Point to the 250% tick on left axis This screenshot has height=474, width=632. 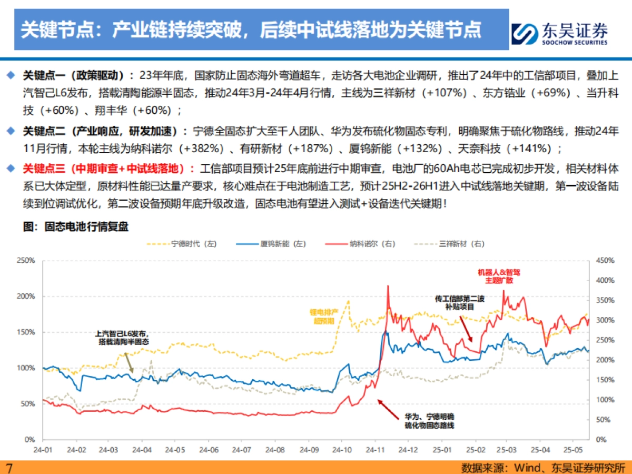pyautogui.click(x=26, y=260)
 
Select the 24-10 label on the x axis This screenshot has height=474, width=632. pyautogui.click(x=342, y=450)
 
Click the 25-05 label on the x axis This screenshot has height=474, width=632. pyautogui.click(x=574, y=450)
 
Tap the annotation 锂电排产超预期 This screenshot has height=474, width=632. pyautogui.click(x=324, y=315)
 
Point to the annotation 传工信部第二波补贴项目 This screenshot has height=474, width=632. pyautogui.click(x=459, y=302)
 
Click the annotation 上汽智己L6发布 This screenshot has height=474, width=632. pyautogui.click(x=121, y=338)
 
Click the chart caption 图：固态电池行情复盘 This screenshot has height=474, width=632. pyautogui.click(x=76, y=226)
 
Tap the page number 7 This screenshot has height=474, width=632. pyautogui.click(x=8, y=468)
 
